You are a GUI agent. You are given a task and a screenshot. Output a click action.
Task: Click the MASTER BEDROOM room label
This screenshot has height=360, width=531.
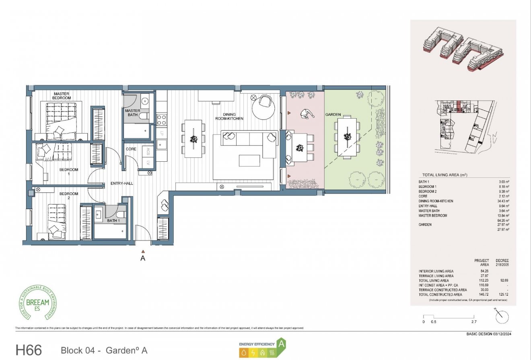pos(62,96)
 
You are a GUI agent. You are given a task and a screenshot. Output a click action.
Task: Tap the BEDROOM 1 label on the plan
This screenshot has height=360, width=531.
pos(69,172)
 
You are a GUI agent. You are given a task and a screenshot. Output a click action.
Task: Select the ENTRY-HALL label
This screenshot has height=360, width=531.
pos(121,183)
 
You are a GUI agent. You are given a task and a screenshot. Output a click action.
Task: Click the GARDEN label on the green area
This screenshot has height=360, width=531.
pos(333,115)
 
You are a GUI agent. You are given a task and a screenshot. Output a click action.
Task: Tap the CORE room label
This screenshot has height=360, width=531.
pos(131,149)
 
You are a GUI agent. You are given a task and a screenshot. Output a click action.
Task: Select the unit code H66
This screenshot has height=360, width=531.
pos(29,350)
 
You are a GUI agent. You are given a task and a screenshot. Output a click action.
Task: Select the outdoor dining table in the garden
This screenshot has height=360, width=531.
pos(347,137)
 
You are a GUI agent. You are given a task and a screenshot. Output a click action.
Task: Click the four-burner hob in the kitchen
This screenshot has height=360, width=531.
pos(161,119)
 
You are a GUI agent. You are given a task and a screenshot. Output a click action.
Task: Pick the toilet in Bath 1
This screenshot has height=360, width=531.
pos(121,214)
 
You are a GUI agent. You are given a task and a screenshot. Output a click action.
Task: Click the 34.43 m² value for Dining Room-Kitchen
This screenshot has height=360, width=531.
pos(503,201)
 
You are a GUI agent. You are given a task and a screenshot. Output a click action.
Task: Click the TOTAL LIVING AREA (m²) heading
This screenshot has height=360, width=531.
pos(445,175)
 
